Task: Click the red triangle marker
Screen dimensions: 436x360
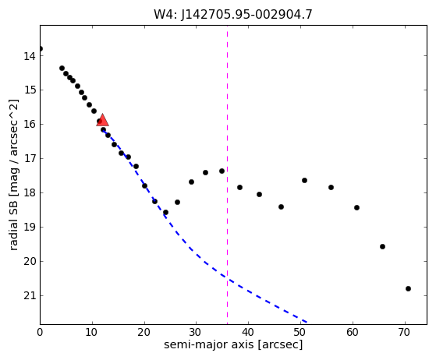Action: pyautogui.click(x=102, y=120)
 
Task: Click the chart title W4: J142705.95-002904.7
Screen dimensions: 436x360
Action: pyautogui.click(x=233, y=14)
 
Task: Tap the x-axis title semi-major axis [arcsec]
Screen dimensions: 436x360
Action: pyautogui.click(x=233, y=344)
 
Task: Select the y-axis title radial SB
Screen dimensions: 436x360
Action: pyautogui.click(x=13, y=227)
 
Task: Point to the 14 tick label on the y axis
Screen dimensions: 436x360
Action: pyautogui.click(x=30, y=56)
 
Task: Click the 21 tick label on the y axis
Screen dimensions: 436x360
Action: pyautogui.click(x=30, y=296)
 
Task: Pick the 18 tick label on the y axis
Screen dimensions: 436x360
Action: pyautogui.click(x=30, y=193)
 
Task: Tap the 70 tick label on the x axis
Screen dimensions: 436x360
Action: pyautogui.click(x=405, y=332)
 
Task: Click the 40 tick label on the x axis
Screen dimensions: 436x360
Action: pyautogui.click(x=248, y=332)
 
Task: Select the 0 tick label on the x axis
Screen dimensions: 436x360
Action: pyautogui.click(x=40, y=332)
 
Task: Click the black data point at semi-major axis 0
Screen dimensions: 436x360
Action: pyautogui.click(x=40, y=49)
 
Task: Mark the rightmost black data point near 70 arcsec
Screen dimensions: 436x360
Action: pyautogui.click(x=408, y=288)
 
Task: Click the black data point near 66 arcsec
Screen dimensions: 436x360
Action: pyautogui.click(x=382, y=246)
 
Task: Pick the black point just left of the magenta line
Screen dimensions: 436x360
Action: pyautogui.click(x=222, y=171)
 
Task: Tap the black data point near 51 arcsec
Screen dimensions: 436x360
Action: pyautogui.click(x=304, y=180)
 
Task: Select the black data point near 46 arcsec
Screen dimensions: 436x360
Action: pyautogui.click(x=281, y=206)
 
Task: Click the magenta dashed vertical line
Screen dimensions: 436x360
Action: pyautogui.click(x=228, y=175)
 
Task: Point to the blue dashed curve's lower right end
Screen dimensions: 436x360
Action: pyautogui.click(x=307, y=323)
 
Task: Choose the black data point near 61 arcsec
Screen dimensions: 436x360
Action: pyautogui.click(x=356, y=207)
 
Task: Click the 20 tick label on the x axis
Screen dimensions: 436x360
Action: pyautogui.click(x=144, y=332)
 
